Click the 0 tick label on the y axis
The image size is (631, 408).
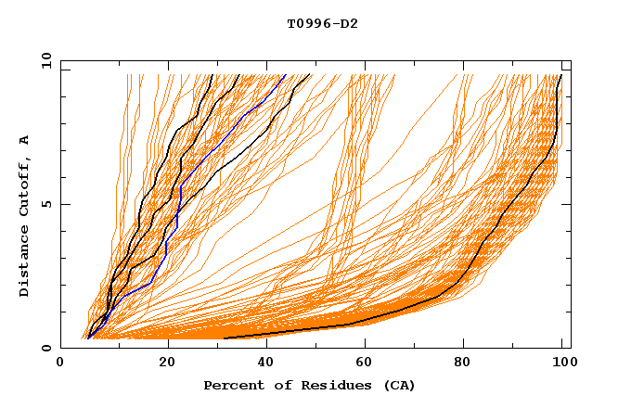tap(46, 348)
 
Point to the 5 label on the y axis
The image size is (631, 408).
tap(46, 204)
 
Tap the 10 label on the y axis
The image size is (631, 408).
tap(44, 60)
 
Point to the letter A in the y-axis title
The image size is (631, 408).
tap(25, 140)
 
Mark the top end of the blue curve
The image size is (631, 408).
tap(285, 75)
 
